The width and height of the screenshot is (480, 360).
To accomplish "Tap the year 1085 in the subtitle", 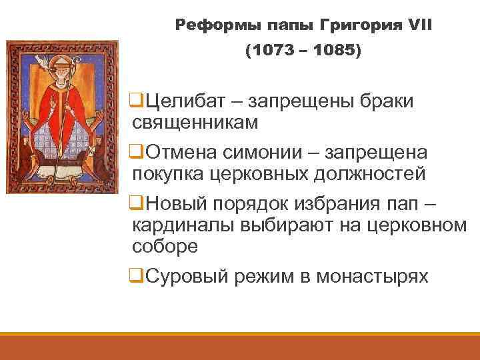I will (x=334, y=51).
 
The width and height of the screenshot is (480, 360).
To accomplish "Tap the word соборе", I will (x=165, y=246).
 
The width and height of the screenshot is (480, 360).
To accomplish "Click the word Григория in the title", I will (x=359, y=25).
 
